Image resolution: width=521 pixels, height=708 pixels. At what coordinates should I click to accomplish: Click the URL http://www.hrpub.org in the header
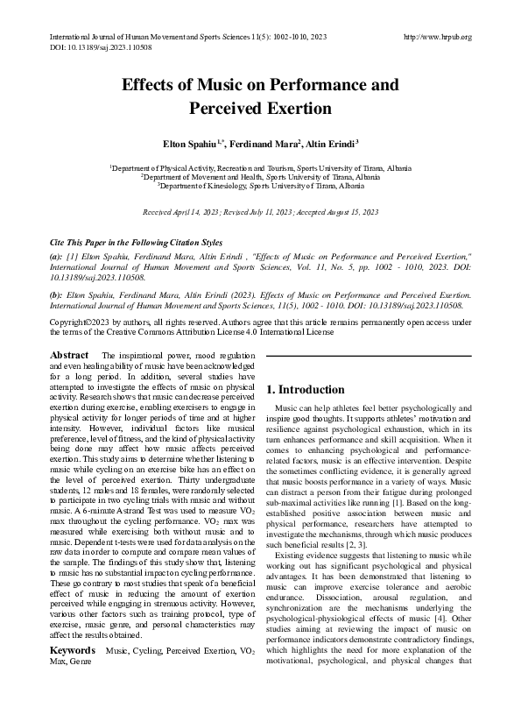click(438, 37)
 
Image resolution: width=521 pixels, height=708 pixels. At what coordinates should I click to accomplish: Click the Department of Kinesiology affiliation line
click(260, 186)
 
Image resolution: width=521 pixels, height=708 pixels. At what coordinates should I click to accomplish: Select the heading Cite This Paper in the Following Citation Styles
click(136, 243)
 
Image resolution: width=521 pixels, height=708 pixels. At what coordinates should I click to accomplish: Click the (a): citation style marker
click(56, 257)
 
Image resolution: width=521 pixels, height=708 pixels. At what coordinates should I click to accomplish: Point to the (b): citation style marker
click(56, 296)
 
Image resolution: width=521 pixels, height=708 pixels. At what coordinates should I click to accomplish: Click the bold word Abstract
click(69, 355)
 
